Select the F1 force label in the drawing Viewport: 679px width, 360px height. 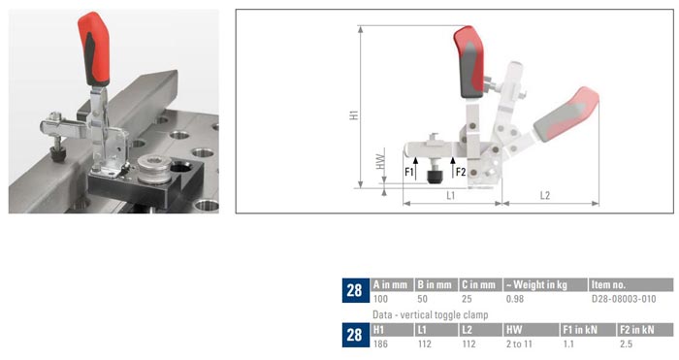point(409,173)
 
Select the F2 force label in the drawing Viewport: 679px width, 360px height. point(461,173)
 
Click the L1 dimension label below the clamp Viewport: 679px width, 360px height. point(451,195)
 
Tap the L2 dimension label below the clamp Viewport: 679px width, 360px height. point(544,195)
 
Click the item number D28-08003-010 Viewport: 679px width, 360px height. point(624,300)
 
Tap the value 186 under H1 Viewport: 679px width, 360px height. point(381,345)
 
